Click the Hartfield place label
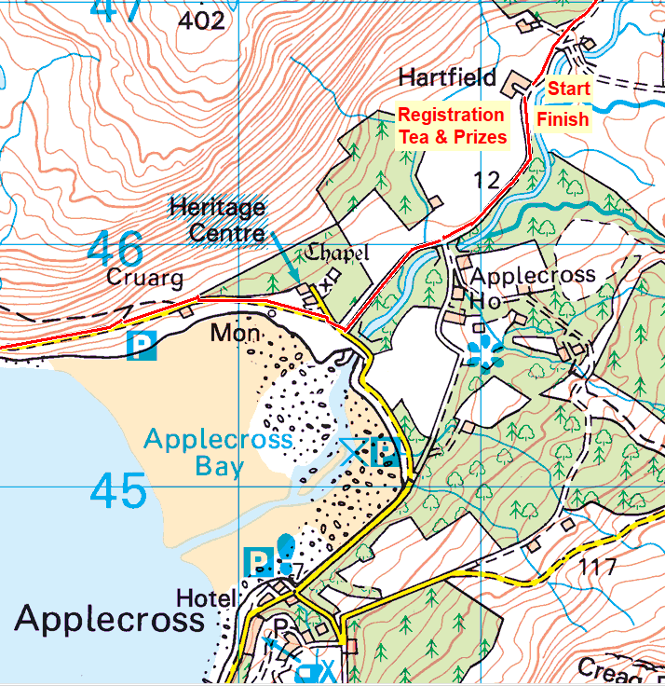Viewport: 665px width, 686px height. click(x=447, y=76)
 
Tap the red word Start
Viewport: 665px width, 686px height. click(x=567, y=89)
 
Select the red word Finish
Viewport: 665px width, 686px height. click(x=563, y=119)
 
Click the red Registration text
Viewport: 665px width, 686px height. click(x=452, y=115)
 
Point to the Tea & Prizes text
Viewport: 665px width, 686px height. click(x=453, y=137)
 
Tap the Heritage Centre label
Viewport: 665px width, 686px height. click(x=217, y=219)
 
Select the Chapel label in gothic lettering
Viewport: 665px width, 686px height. click(x=338, y=253)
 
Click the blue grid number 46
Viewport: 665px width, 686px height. click(x=116, y=250)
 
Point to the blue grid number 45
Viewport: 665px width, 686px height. click(x=118, y=491)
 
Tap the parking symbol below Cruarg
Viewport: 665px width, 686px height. click(x=142, y=347)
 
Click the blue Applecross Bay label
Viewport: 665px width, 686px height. click(x=219, y=452)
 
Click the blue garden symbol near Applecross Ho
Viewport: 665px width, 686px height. click(x=483, y=353)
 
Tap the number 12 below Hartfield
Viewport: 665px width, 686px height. click(x=487, y=180)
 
